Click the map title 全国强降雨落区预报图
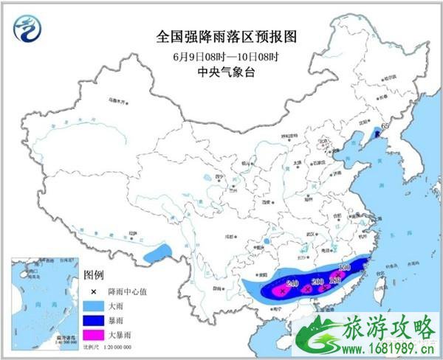[x=221, y=35]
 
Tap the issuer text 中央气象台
[x=220, y=72]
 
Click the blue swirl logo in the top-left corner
[x=28, y=28]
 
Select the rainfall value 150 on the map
[x=343, y=269]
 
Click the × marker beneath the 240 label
[x=281, y=292]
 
